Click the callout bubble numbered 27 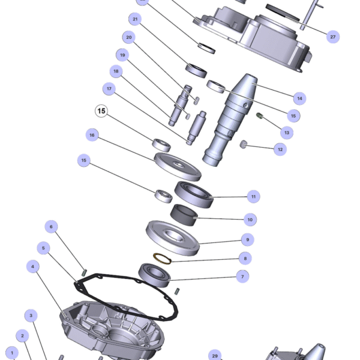click(x=332, y=37)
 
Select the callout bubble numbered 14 click(x=299, y=98)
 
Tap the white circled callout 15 click(x=101, y=111)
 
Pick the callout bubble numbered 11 click(x=253, y=197)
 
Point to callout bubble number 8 click(x=245, y=258)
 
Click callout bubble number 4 click(x=32, y=266)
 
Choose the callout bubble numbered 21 click(x=135, y=19)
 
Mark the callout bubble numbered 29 click(x=215, y=355)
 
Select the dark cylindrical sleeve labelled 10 click(x=184, y=215)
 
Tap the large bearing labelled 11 click(x=194, y=194)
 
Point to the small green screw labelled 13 click(x=259, y=115)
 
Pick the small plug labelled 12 click(x=244, y=144)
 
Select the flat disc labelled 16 click(x=178, y=167)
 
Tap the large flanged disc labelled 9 click(x=173, y=238)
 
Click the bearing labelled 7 click(x=154, y=275)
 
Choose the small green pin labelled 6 click(x=84, y=272)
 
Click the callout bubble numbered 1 click(x=12, y=353)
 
